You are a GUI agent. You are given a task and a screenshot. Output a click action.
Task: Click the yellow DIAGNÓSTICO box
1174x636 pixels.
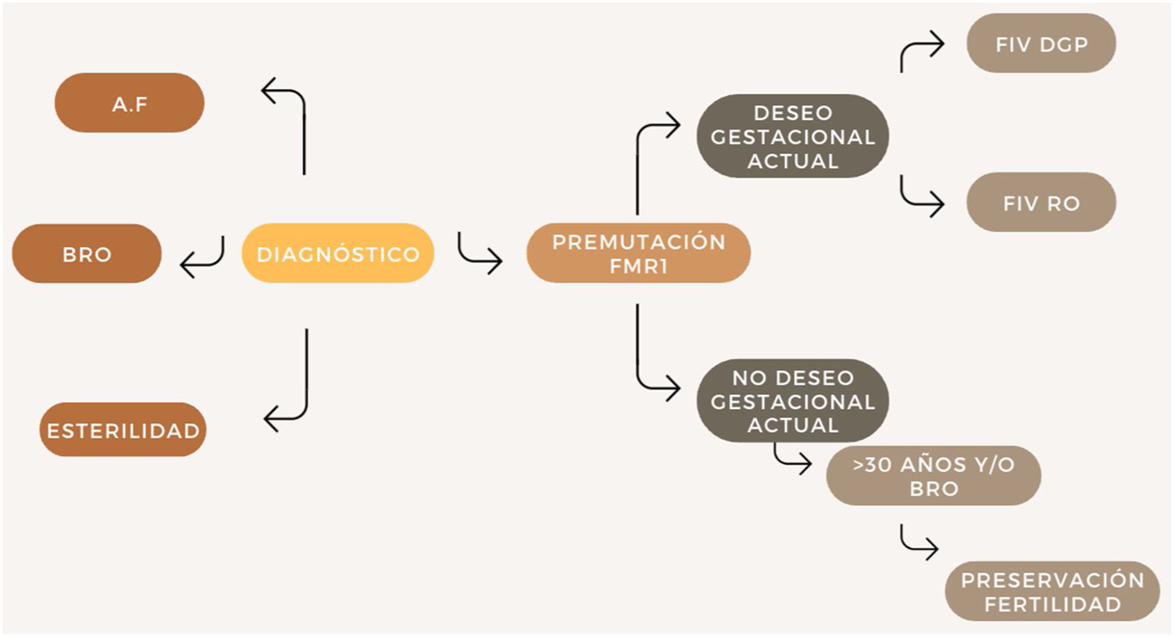click(x=338, y=253)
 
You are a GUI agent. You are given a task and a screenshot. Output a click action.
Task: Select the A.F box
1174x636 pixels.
click(x=129, y=102)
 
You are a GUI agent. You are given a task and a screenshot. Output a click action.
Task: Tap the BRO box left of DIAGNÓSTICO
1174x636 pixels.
click(x=87, y=254)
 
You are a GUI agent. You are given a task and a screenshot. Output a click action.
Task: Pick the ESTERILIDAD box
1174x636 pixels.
click(x=123, y=430)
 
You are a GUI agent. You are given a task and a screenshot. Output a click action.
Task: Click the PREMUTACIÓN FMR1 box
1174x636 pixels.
click(x=638, y=253)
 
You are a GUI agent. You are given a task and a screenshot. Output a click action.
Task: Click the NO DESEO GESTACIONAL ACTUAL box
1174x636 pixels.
click(x=792, y=401)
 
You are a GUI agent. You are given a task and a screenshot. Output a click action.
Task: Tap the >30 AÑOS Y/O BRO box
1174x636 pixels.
click(x=933, y=475)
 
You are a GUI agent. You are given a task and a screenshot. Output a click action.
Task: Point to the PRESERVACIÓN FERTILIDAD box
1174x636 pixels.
click(x=1052, y=591)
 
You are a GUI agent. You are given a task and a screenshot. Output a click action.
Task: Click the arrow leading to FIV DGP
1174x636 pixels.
click(x=920, y=49)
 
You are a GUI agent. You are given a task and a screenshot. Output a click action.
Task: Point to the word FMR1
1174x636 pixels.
click(x=638, y=266)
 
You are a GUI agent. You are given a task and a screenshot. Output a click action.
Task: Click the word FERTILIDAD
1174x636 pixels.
click(x=1052, y=605)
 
